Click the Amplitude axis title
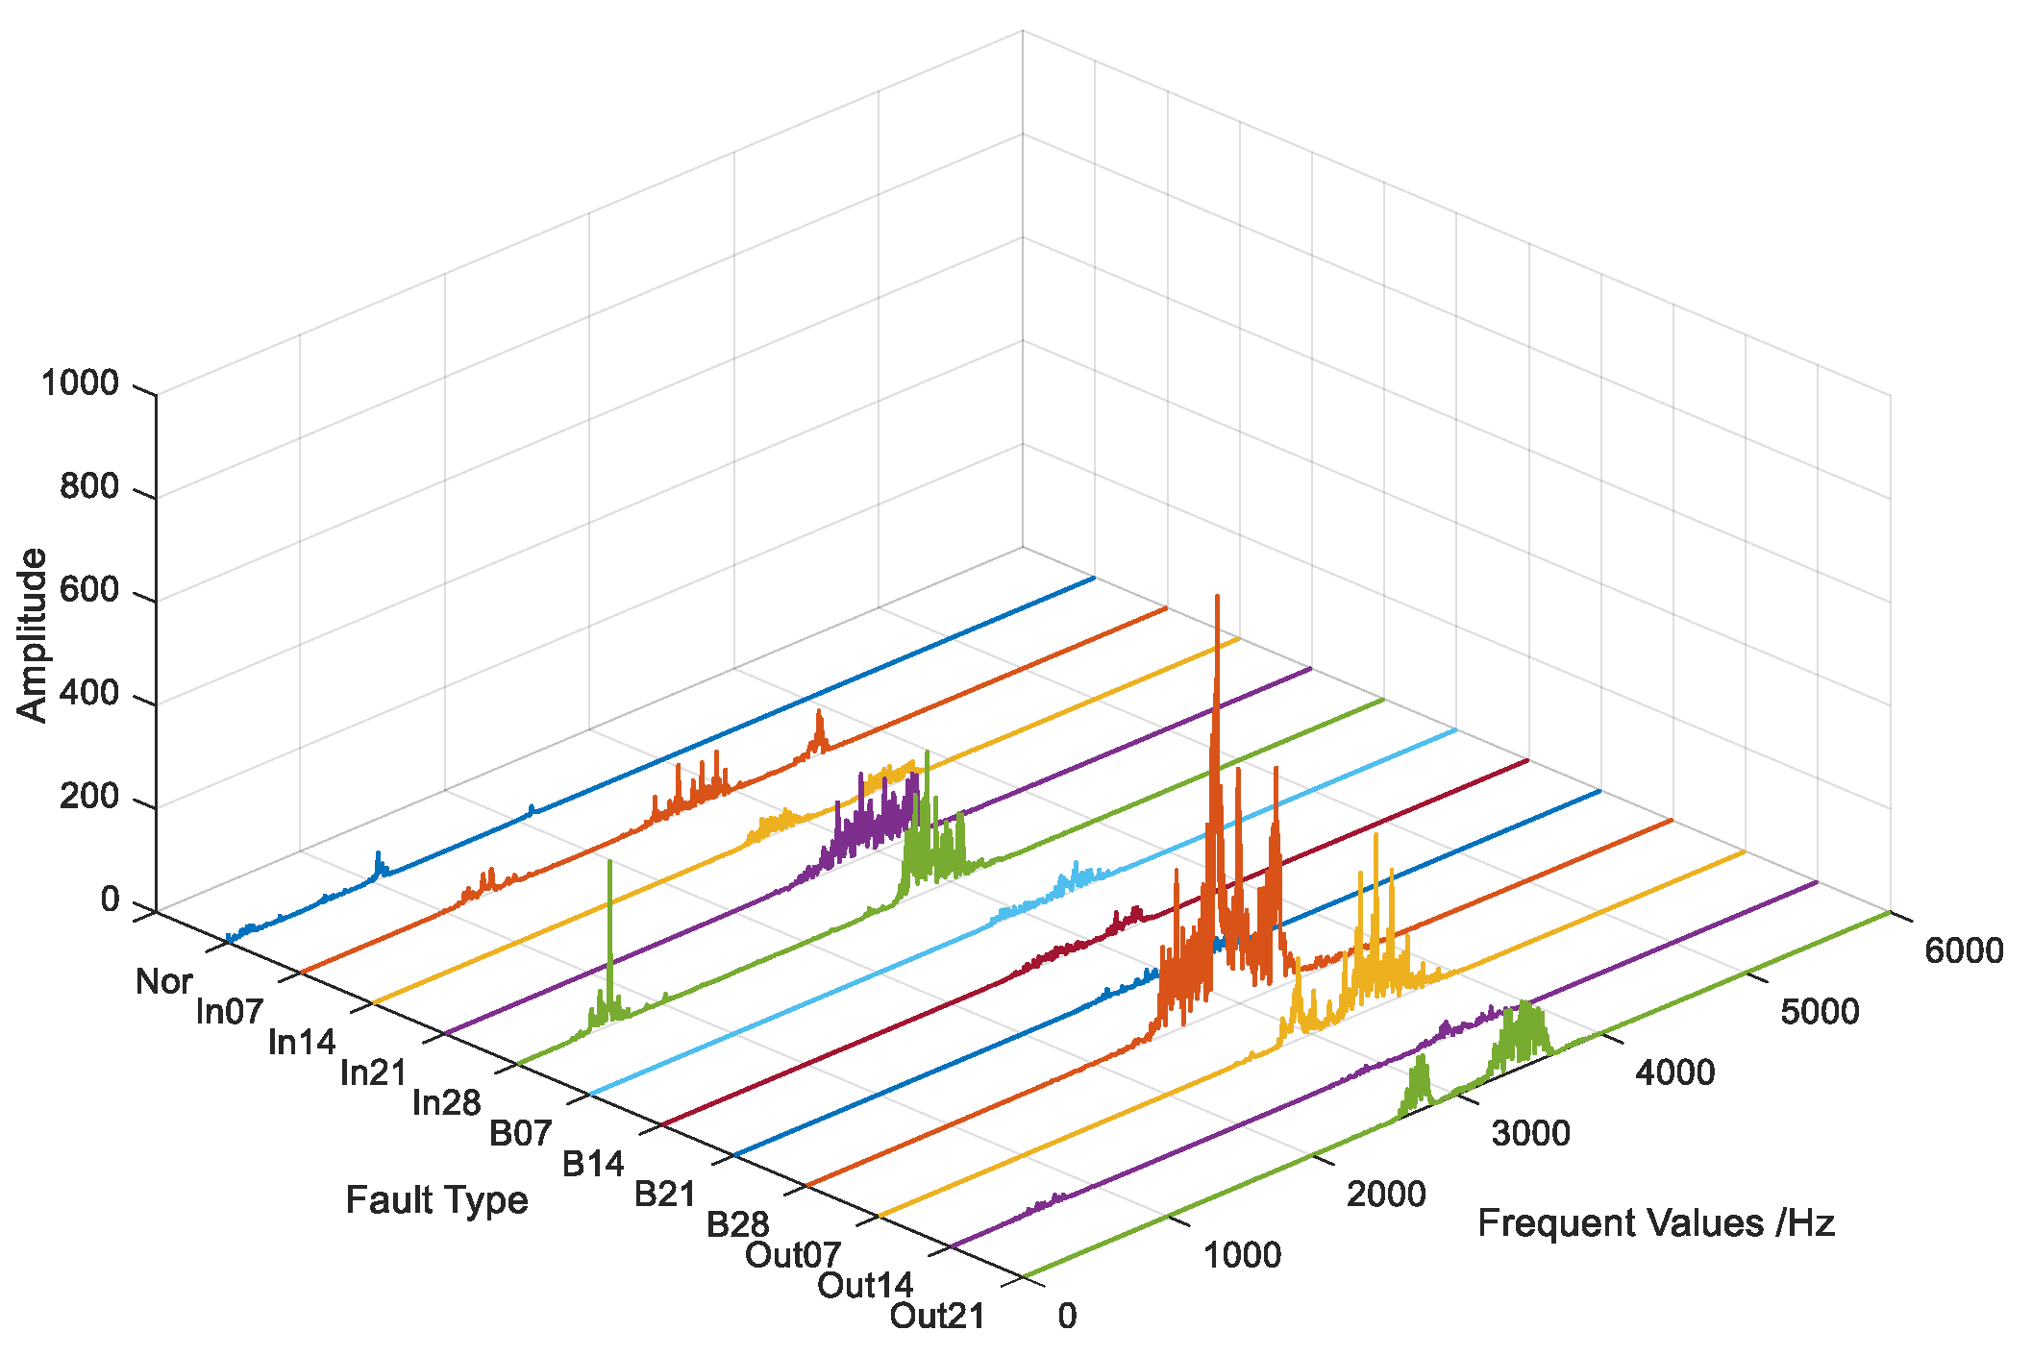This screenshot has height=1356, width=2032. tap(33, 634)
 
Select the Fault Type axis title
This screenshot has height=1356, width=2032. tap(436, 1200)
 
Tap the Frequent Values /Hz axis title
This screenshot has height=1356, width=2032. tap(1655, 1223)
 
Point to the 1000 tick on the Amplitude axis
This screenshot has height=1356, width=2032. tap(81, 383)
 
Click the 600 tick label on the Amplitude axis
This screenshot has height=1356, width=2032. tap(89, 590)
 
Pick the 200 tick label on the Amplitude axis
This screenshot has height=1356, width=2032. tap(89, 797)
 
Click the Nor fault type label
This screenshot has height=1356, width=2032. tap(163, 981)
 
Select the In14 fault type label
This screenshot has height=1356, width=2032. tap(302, 1042)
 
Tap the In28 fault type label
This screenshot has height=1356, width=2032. tap(446, 1102)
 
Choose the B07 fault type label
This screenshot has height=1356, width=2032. tap(520, 1133)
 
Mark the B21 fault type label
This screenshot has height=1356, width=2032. tap(664, 1194)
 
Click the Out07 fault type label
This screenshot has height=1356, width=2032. tap(793, 1254)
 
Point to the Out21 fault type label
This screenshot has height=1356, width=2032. tap(937, 1316)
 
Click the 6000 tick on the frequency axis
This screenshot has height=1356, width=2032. tap(1964, 950)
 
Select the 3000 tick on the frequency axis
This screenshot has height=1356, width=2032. tap(1530, 1133)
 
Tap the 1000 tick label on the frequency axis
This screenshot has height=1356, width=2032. tap(1242, 1254)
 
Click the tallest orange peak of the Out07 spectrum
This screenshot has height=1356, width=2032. tap(1217, 597)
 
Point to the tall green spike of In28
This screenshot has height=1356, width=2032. tap(609, 861)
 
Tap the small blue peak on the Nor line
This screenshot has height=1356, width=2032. tap(378, 852)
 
